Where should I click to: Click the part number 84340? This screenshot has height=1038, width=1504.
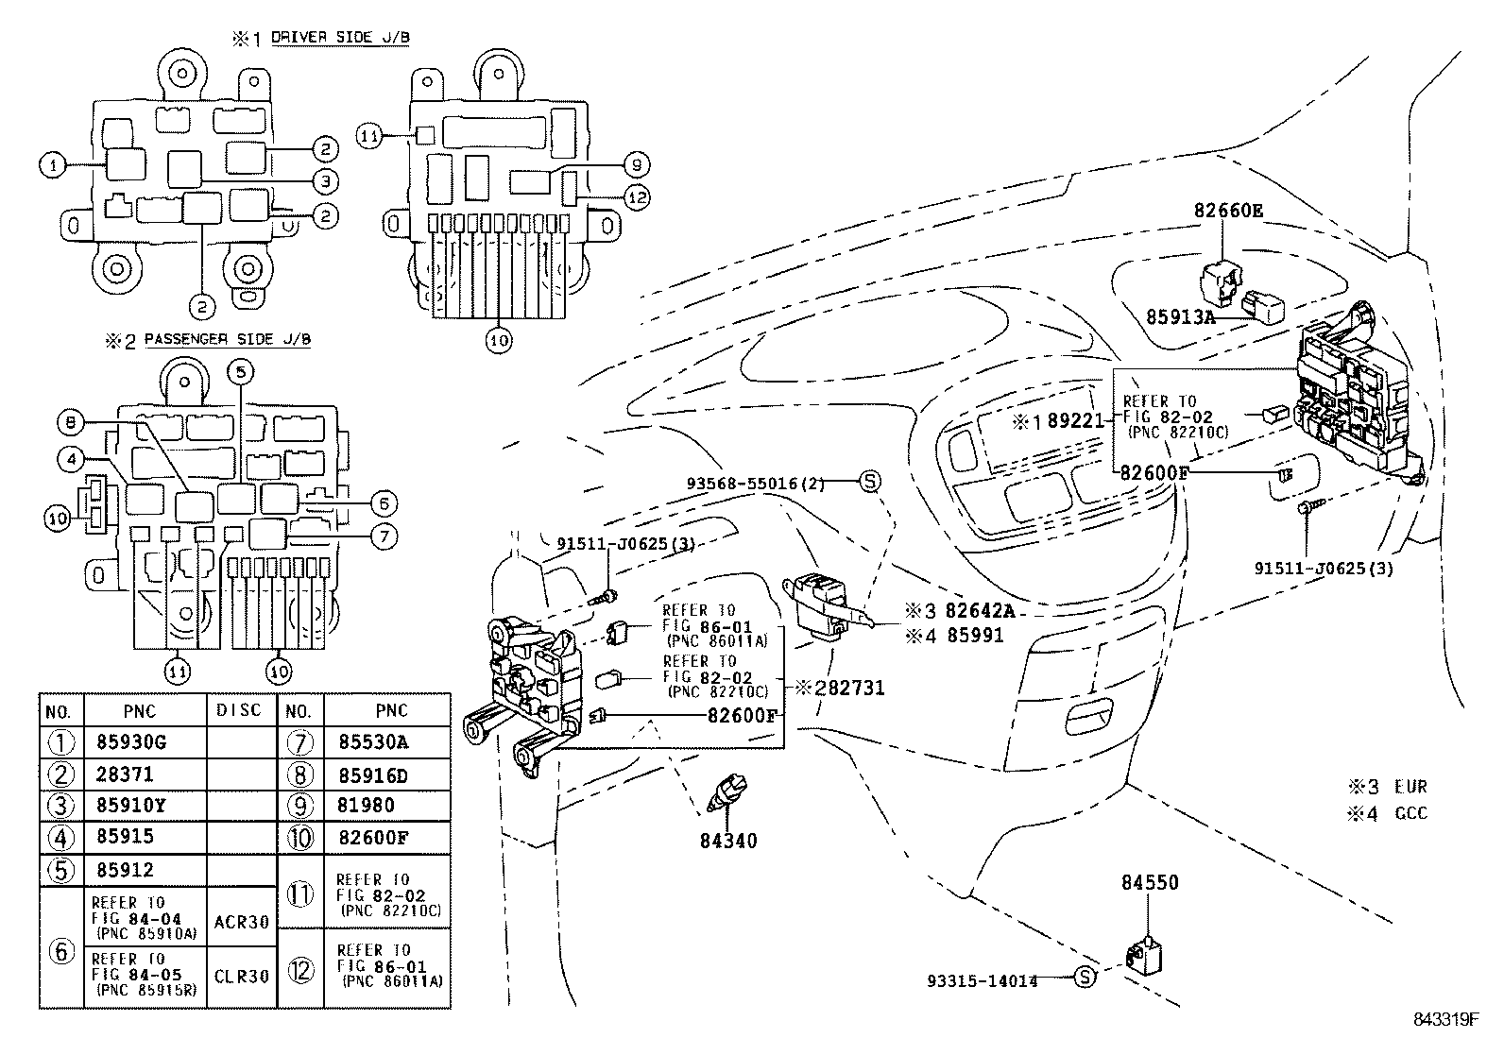click(x=728, y=841)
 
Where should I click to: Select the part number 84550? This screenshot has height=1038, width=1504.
click(x=1150, y=883)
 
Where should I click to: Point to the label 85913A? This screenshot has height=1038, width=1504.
click(x=1180, y=317)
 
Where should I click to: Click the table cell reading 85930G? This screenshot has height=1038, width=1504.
click(x=131, y=742)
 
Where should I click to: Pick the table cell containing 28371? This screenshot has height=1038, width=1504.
click(x=125, y=774)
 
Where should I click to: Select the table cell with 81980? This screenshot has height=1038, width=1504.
click(x=367, y=806)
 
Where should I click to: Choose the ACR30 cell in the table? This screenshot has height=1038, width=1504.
click(x=242, y=921)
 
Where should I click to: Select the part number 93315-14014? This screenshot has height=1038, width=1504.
click(x=982, y=981)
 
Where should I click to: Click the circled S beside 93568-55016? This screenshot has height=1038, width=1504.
click(x=869, y=482)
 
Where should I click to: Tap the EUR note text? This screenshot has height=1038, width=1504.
click(x=1410, y=787)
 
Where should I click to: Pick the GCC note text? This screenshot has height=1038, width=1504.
click(x=1410, y=813)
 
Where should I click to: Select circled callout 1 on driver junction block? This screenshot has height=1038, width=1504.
click(x=53, y=165)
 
